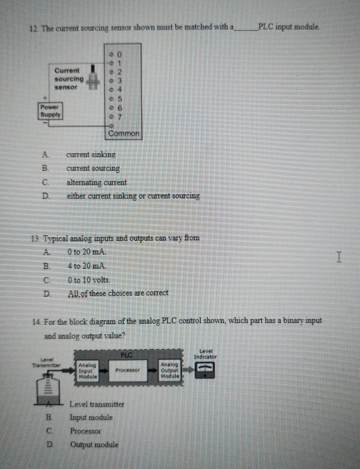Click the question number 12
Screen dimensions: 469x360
pyautogui.click(x=33, y=27)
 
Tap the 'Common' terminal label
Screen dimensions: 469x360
pyautogui.click(x=124, y=133)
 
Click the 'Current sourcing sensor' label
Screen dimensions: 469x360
pyautogui.click(x=69, y=79)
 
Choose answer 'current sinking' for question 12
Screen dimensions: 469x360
pyautogui.click(x=91, y=154)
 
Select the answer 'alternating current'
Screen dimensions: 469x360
pyautogui.click(x=96, y=182)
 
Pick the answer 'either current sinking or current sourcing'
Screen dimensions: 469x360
pyautogui.click(x=132, y=196)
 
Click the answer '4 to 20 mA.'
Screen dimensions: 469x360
pyautogui.click(x=87, y=265)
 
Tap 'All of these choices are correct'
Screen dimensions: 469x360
pyautogui.click(x=118, y=293)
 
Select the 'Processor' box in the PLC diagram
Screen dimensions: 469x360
pyautogui.click(x=127, y=370)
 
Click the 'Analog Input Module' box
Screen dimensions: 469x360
pyautogui.click(x=87, y=370)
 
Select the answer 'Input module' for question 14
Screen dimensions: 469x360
pyautogui.click(x=91, y=417)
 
